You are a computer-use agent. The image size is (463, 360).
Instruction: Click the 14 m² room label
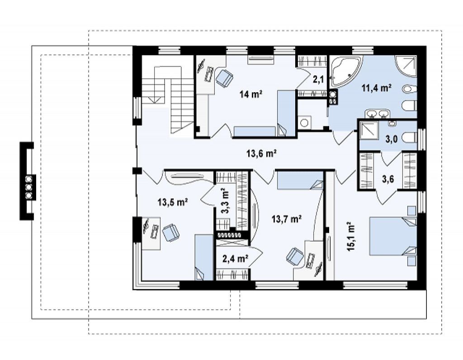point(251,94)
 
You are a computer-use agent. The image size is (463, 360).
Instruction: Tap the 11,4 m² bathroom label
point(377,88)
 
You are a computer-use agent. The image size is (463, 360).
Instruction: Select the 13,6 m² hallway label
point(261,153)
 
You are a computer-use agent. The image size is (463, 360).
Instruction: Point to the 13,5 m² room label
point(173,202)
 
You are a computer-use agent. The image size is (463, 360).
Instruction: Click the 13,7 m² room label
point(286,219)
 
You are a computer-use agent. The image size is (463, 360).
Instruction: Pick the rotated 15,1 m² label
point(351,236)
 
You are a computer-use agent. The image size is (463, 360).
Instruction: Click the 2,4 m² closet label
point(235,259)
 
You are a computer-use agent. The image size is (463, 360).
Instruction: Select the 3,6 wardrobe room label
point(388,179)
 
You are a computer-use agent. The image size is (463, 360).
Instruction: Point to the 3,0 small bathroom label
point(391,139)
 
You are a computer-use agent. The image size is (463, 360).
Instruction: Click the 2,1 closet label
point(318,79)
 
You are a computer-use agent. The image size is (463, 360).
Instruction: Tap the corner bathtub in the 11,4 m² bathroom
point(345,71)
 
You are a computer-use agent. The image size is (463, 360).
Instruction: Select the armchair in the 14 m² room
point(225,78)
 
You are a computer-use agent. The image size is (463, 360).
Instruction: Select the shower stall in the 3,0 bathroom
point(369,130)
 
